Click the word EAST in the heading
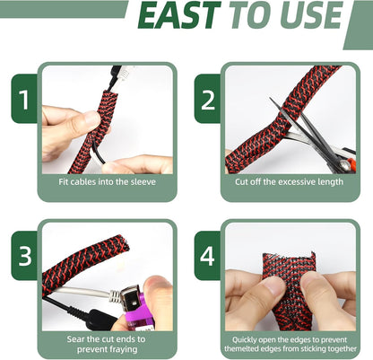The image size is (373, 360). [x=179, y=15]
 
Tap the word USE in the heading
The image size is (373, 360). [x=311, y=15]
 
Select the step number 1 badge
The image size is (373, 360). [x=24, y=99]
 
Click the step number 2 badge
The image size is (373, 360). [x=208, y=99]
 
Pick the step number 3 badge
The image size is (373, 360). [x=24, y=255]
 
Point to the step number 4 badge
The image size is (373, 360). [x=208, y=255]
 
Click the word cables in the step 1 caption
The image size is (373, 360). [x=82, y=182]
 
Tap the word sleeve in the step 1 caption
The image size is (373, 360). [x=143, y=182]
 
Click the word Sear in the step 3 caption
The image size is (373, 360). [x=75, y=339]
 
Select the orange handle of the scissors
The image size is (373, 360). [x=351, y=163]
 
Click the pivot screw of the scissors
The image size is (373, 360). [x=344, y=163]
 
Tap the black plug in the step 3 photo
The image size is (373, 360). [x=99, y=320]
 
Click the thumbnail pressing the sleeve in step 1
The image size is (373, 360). [x=91, y=119]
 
